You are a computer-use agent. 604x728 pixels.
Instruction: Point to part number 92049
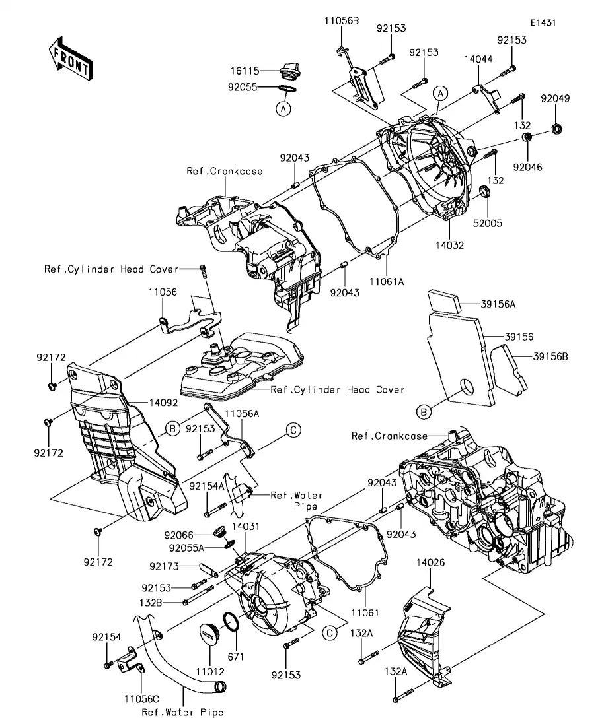pos(554,98)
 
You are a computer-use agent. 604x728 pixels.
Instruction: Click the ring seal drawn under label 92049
pos(557,128)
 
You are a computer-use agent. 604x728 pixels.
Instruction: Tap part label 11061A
pos(387,281)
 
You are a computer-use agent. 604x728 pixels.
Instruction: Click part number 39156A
pos(498,305)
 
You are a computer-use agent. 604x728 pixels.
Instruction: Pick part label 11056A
pos(244,413)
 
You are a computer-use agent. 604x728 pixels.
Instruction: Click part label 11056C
pos(141,698)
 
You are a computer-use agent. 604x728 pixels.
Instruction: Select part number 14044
pos(477,59)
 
